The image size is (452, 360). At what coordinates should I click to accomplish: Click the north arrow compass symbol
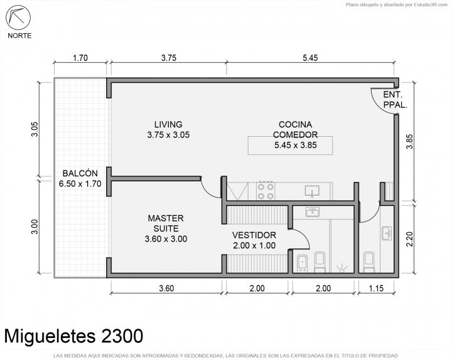(18, 18)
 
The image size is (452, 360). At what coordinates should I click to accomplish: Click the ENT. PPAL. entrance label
(395, 100)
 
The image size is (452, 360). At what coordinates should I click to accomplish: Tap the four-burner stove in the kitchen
(266, 191)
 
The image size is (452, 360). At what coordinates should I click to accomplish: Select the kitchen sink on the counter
(312, 191)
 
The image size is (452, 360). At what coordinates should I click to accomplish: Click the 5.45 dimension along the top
(310, 58)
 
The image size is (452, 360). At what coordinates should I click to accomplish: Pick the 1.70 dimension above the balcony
(80, 58)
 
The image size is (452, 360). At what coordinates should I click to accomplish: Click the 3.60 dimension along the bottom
(166, 289)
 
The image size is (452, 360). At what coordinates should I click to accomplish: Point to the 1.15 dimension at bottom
(376, 289)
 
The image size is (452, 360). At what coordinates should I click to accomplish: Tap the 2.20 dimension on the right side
(409, 239)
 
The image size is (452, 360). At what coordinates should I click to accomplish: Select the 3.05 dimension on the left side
(35, 129)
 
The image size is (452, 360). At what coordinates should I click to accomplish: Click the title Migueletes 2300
(74, 336)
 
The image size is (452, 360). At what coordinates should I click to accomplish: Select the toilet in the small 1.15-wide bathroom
(369, 262)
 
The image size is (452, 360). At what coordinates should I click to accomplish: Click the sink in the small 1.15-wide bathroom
(387, 233)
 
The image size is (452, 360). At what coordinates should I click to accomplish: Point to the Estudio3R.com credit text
(397, 4)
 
